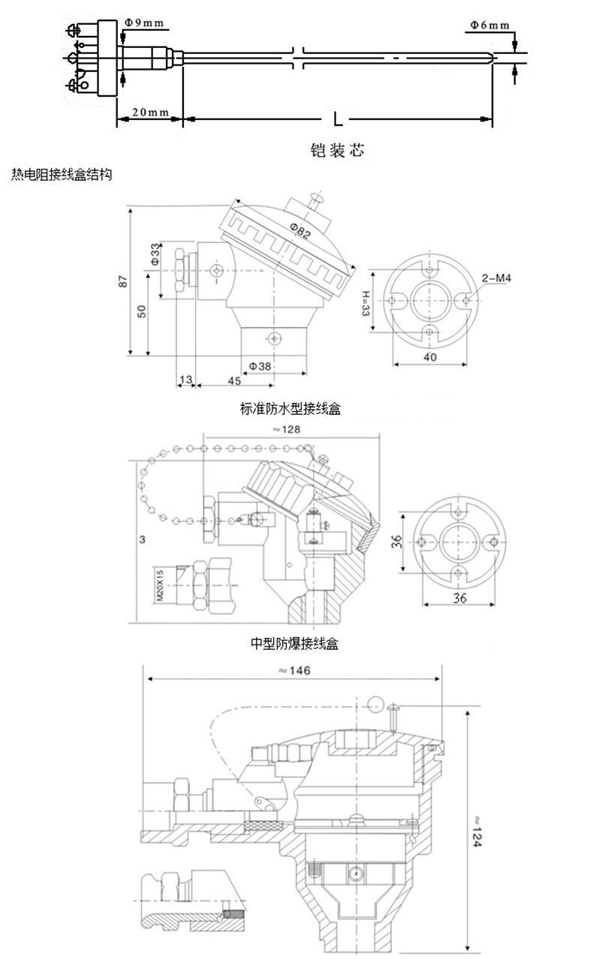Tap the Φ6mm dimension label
coord(489,25)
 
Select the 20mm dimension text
coord(149,112)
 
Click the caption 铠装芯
coord(337,150)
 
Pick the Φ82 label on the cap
coord(299,233)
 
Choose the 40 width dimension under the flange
coord(429,357)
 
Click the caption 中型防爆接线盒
coord(294,643)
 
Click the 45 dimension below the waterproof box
coord(233,381)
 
